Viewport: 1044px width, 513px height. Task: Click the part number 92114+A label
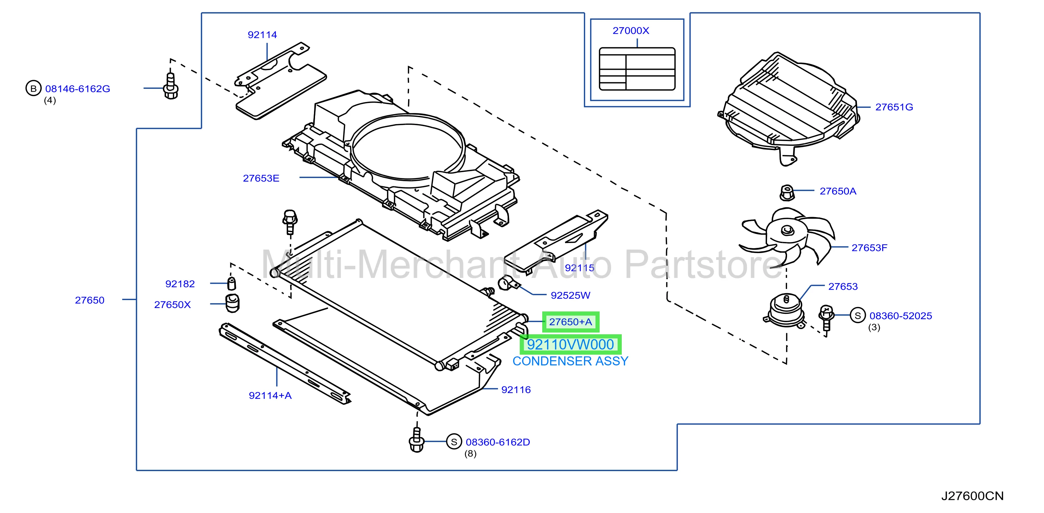(270, 395)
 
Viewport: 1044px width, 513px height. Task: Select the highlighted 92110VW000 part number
(570, 344)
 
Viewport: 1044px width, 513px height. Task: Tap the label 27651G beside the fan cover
(894, 107)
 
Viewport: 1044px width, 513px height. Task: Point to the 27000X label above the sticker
(631, 31)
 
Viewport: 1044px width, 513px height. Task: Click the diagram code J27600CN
(972, 496)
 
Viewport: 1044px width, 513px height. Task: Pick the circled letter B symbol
(33, 88)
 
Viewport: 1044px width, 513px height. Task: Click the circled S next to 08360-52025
(858, 315)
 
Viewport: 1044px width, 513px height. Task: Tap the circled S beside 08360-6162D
(454, 442)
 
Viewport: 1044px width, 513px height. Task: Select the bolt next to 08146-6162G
(170, 85)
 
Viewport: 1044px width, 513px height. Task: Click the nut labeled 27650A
(787, 193)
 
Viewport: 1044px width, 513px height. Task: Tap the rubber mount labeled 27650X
(232, 304)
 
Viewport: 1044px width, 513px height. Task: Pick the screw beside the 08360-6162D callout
(417, 440)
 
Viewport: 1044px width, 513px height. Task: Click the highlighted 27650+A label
(570, 322)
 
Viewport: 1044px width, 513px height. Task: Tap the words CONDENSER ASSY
(570, 361)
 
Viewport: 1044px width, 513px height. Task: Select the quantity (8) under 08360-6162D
(470, 454)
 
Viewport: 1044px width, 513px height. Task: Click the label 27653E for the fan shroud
(261, 178)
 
